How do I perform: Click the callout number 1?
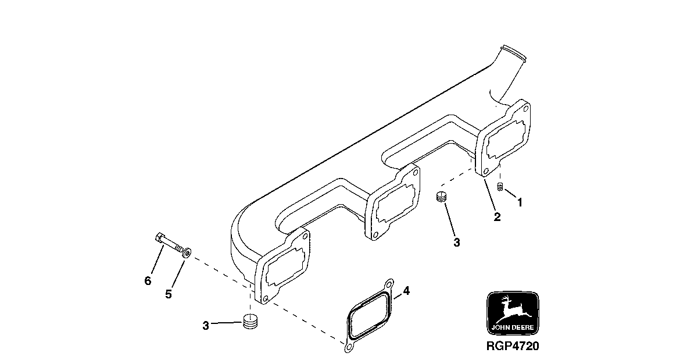520,203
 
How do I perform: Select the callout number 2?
497,217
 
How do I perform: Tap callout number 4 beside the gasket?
406,290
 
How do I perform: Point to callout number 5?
168,294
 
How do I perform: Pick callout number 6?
148,281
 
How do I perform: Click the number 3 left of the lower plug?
206,326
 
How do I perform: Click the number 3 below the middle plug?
457,243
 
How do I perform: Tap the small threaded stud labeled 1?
500,186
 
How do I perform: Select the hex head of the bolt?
160,237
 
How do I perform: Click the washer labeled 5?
186,252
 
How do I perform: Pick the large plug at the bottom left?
250,322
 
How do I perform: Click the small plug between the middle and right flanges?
441,197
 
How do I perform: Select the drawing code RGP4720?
512,347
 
